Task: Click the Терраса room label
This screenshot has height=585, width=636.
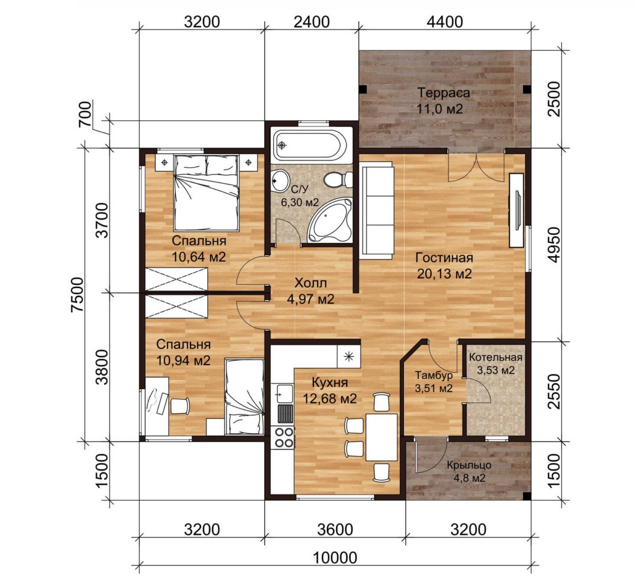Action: (444, 93)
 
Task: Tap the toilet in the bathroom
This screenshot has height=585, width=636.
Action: (338, 180)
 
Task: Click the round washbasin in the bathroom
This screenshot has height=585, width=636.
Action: (280, 181)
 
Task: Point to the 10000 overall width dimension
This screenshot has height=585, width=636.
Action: (335, 558)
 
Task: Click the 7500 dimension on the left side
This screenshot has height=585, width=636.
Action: (78, 294)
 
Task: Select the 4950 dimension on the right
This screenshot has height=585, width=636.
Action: (553, 245)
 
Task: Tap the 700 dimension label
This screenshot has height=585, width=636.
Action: (85, 114)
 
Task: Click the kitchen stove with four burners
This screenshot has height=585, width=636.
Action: (283, 437)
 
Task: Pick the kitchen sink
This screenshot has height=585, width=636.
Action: (284, 394)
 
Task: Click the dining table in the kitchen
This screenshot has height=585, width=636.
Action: (381, 437)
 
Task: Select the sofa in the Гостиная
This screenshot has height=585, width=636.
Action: (376, 210)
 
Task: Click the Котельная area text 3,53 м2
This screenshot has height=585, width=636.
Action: (496, 370)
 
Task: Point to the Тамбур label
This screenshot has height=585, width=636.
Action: (434, 375)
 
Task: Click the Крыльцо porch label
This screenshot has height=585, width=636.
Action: (469, 465)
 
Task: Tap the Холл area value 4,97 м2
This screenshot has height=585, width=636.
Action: (310, 299)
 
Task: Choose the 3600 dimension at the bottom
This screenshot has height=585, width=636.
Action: (335, 529)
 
